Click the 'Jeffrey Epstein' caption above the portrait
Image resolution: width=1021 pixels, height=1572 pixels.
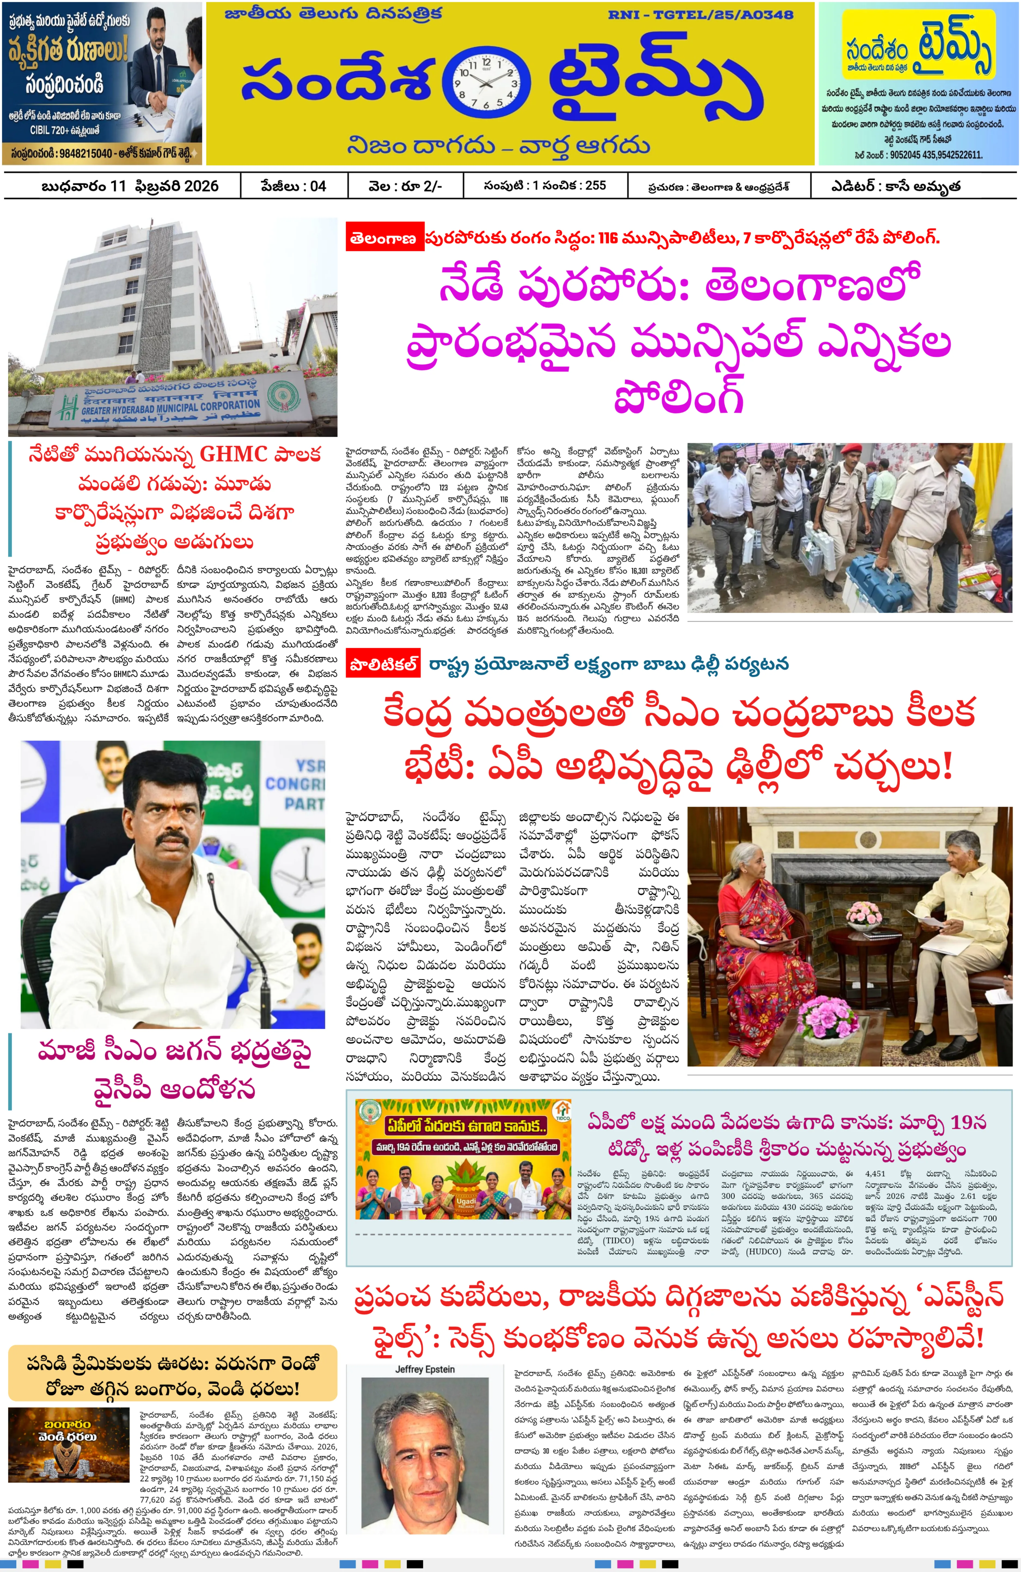click(425, 1369)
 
